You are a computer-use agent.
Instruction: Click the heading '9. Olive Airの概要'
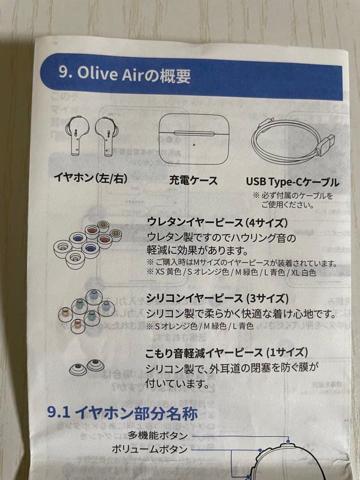point(124,75)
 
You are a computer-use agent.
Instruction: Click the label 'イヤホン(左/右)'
point(90,179)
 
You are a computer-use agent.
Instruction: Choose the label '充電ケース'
point(193,180)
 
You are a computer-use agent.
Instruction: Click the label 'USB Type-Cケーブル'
point(292,182)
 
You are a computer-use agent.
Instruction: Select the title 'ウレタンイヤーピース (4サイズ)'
point(218,222)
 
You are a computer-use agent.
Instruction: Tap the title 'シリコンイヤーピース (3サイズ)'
point(217,297)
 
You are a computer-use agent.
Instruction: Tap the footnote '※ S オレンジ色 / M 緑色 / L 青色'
point(200,327)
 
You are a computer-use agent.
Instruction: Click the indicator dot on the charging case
point(194,144)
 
